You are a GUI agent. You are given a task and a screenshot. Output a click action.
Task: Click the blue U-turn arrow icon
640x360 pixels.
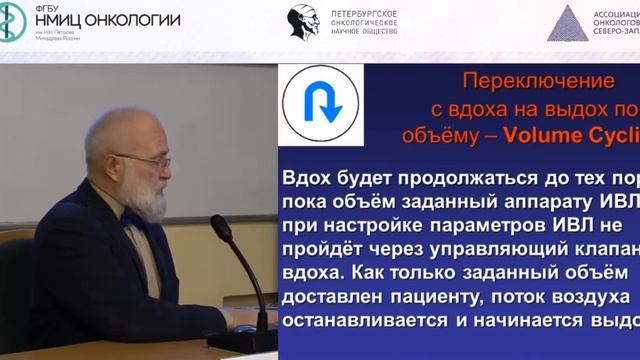(320, 106)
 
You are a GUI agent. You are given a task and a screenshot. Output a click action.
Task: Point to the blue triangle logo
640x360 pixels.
(566, 22)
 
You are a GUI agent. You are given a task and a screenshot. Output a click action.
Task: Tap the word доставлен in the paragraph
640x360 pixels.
(336, 298)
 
